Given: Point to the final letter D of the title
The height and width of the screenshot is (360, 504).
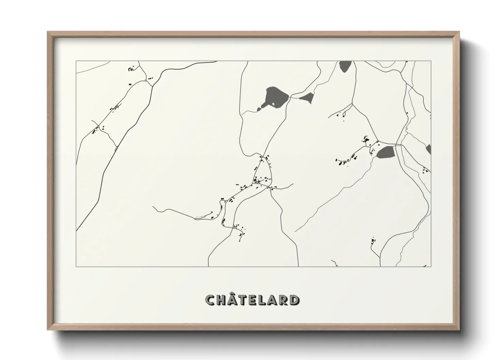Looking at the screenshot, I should (x=295, y=300).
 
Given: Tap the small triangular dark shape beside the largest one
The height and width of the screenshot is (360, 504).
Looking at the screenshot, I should (x=308, y=98).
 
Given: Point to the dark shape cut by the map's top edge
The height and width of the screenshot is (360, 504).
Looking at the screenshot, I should (x=345, y=66).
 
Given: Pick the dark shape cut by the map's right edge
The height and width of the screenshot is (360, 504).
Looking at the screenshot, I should (x=428, y=149).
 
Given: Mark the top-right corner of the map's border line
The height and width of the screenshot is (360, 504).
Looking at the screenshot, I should (x=431, y=61).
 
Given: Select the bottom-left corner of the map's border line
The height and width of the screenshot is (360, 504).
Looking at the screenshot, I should (x=76, y=267).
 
